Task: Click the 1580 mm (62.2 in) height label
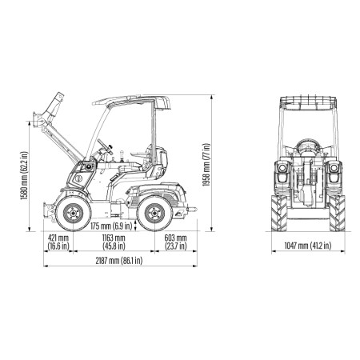pos(24,176)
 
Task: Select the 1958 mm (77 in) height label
pos(206,165)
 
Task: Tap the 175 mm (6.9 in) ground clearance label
pos(111,226)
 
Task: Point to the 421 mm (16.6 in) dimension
pos(58,242)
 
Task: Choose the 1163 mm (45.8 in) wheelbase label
pos(114,242)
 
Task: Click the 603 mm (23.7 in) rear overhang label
pos(175,242)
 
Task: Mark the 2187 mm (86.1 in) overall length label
pos(119,261)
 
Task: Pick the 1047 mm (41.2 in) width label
pos(308,246)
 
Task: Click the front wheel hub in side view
pos(74,214)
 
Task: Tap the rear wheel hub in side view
pos(154,214)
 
